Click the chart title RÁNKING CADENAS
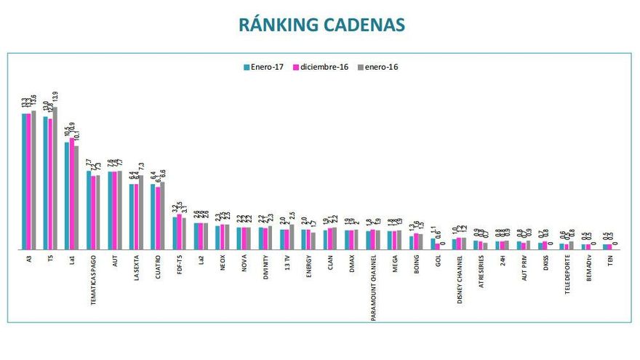point(321,24)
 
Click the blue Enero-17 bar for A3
point(24,182)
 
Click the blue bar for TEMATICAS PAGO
point(89,211)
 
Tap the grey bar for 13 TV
point(292,237)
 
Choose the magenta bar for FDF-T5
point(180,232)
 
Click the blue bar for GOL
point(433,244)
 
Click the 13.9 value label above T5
point(56,97)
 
